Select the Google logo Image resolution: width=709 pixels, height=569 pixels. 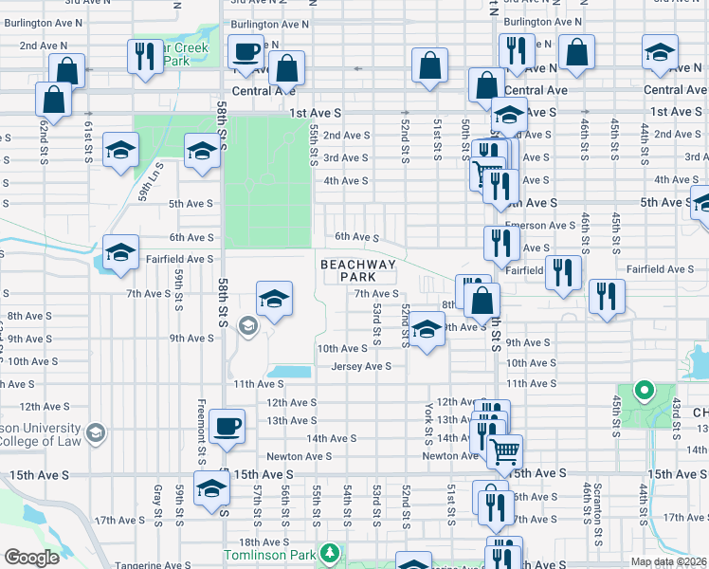31,558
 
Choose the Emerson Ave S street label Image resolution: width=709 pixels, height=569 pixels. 539,226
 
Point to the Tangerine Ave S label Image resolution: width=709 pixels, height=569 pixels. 153,565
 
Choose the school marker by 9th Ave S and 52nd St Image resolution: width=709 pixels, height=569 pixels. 427,331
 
